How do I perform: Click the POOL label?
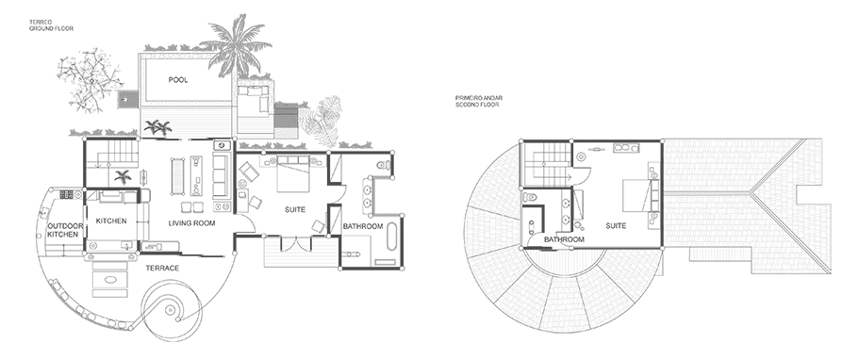pyautogui.click(x=178, y=80)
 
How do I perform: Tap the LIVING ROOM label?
pyautogui.click(x=191, y=223)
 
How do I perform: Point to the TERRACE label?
pyautogui.click(x=162, y=268)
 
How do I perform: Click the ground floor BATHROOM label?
pyautogui.click(x=362, y=226)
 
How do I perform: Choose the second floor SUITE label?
pyautogui.click(x=616, y=225)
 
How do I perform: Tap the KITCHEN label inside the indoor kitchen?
pyautogui.click(x=111, y=221)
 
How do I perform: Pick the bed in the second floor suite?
pyautogui.click(x=637, y=196)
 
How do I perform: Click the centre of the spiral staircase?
pyautogui.click(x=172, y=310)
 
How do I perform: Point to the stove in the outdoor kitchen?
pyautogui.click(x=67, y=194)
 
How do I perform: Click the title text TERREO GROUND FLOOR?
pyautogui.click(x=51, y=25)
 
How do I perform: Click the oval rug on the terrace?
pyautogui.click(x=111, y=279)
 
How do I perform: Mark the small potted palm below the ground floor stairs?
pyautogui.click(x=123, y=176)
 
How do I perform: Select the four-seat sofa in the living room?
pyautogui.click(x=220, y=175)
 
